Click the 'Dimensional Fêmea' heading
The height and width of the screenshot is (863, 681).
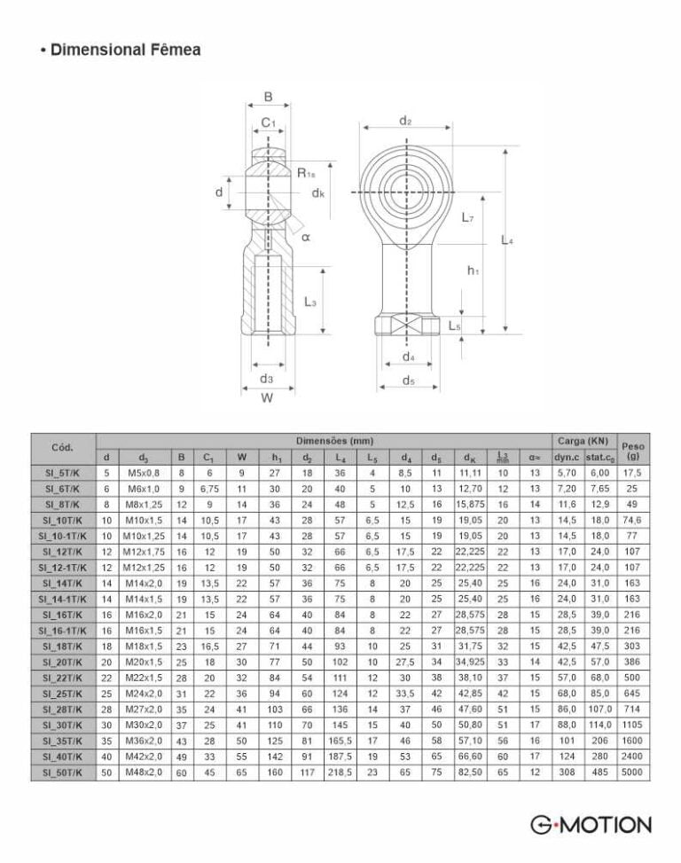(125, 50)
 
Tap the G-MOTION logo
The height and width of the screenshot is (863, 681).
(591, 825)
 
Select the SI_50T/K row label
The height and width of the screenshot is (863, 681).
(63, 773)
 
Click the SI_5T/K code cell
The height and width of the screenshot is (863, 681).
(63, 473)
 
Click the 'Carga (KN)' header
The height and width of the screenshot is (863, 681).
(584, 441)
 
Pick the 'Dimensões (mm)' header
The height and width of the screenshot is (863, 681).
(334, 441)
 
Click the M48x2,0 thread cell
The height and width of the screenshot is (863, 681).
(144, 773)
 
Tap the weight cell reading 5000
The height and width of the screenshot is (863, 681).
(632, 773)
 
